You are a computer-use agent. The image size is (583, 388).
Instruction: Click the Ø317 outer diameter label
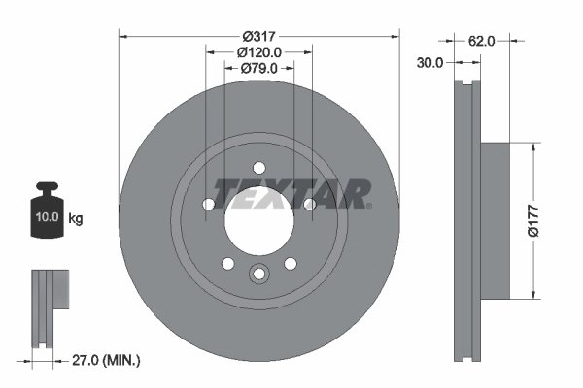click(257, 35)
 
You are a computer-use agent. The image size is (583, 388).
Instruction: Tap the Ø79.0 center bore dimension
click(258, 68)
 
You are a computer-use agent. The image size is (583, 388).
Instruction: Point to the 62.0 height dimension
click(483, 41)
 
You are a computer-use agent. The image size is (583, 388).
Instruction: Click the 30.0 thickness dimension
click(430, 62)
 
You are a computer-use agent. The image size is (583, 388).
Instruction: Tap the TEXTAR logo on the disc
click(291, 193)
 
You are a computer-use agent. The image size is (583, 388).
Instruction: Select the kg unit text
click(76, 219)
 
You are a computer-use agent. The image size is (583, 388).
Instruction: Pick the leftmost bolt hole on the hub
click(209, 204)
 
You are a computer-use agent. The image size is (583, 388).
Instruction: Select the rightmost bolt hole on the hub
click(309, 204)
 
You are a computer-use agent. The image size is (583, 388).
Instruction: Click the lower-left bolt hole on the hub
click(227, 264)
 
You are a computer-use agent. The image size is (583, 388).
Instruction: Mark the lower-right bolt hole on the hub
click(290, 264)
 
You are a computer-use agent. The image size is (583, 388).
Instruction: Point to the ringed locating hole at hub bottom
click(258, 275)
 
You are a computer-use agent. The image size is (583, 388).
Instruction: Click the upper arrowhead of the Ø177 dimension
click(532, 147)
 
